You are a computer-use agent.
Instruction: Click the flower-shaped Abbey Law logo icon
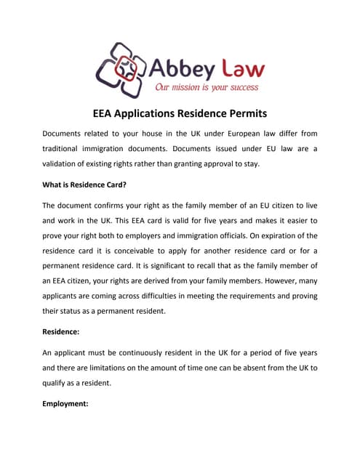tap(121, 69)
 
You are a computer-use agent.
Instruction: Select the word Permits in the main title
tap(243, 114)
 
